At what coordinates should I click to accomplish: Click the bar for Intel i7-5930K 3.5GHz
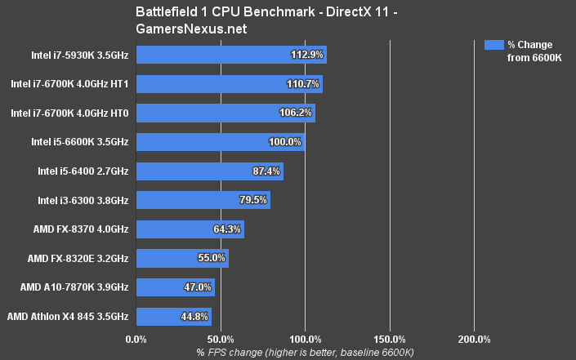[231, 55]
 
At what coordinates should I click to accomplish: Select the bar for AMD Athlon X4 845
[174, 317]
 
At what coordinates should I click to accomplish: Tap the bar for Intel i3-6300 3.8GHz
[203, 200]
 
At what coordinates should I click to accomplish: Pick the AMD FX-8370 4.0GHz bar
[190, 229]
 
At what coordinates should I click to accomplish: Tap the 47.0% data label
[197, 287]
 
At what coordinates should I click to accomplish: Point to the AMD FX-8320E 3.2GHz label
[78, 259]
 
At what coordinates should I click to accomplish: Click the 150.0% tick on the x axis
[390, 339]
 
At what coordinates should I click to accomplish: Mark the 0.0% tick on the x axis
[136, 339]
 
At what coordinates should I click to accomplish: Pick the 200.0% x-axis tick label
[474, 339]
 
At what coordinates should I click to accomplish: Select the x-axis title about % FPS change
[305, 352]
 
